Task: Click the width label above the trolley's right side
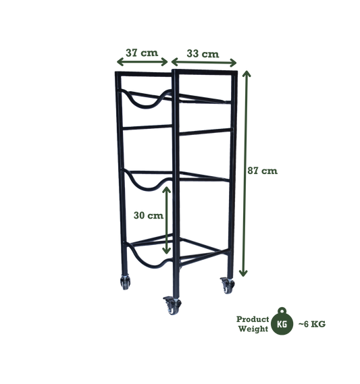(x=201, y=51)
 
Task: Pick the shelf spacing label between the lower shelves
(x=147, y=216)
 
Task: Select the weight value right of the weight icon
(x=313, y=323)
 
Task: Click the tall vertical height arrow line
(x=247, y=172)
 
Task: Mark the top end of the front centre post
(x=175, y=68)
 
